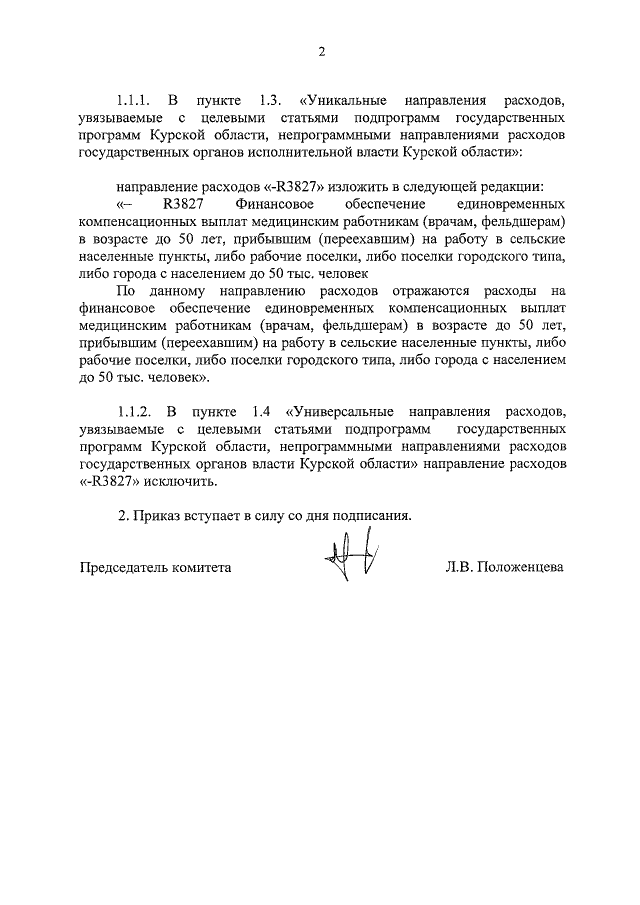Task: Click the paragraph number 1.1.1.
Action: coord(133,102)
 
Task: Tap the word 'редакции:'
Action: coord(513,187)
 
